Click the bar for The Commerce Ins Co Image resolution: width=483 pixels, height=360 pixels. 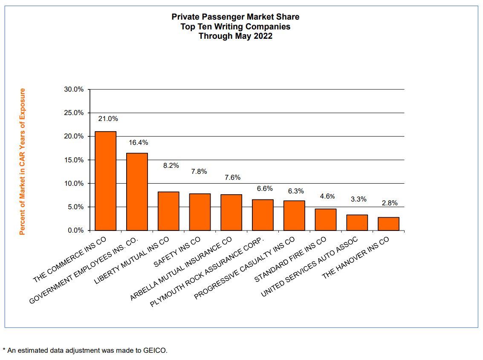pyautogui.click(x=106, y=181)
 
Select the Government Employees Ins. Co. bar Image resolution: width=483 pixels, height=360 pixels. pyautogui.click(x=137, y=192)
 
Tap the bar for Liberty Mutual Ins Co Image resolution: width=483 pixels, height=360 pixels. pyautogui.click(x=168, y=211)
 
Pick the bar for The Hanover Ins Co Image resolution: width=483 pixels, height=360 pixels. pyautogui.click(x=388, y=224)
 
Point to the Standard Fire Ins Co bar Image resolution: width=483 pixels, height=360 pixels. pyautogui.click(x=326, y=219)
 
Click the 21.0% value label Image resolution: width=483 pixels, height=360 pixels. pyautogui.click(x=108, y=119)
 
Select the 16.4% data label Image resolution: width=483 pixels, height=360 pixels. pyautogui.click(x=138, y=143)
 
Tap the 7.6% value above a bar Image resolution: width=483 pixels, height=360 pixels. pyautogui.click(x=233, y=177)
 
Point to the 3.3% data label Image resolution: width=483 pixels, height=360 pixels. pyautogui.click(x=359, y=199)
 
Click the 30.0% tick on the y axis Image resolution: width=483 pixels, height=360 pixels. pyautogui.click(x=74, y=89)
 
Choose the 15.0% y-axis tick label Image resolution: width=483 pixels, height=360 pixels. pyautogui.click(x=74, y=160)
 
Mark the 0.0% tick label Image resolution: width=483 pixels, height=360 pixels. pyautogui.click(x=75, y=230)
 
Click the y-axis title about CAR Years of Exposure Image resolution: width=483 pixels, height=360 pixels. pyautogui.click(x=22, y=161)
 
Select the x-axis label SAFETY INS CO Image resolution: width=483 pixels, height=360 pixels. pyautogui.click(x=177, y=252)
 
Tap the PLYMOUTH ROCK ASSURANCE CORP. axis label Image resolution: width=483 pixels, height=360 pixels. pyautogui.click(x=207, y=272)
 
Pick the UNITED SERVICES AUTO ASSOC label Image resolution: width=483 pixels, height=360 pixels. pyautogui.click(x=309, y=267)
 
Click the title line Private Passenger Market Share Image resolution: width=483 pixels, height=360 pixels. pyautogui.click(x=235, y=17)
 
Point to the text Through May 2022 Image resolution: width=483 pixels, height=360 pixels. pyautogui.click(x=235, y=36)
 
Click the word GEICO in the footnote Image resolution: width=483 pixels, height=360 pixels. pyautogui.click(x=155, y=351)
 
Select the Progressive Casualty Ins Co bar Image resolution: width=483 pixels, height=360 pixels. pyautogui.click(x=294, y=216)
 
